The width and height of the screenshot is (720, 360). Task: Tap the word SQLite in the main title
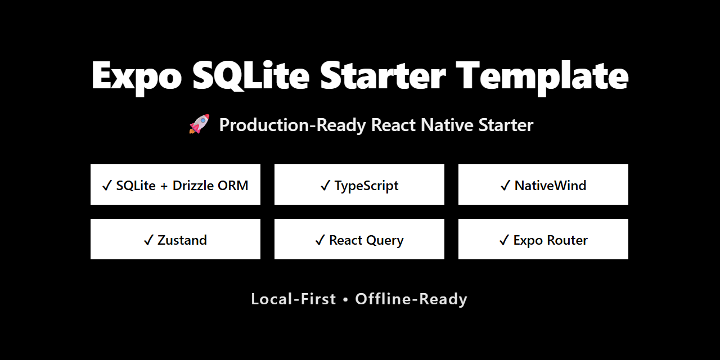250,75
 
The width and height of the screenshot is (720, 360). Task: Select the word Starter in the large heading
383,75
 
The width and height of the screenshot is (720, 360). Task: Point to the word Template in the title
542,75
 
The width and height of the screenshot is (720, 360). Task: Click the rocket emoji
199,124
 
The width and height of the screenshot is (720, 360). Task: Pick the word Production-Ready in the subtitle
292,125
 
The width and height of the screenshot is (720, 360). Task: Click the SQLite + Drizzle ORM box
175,184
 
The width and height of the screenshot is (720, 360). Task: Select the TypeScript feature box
359,184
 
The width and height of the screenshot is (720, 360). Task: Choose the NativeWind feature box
543,184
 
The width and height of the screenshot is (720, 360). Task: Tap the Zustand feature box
175,239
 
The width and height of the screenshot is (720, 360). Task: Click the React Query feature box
359,239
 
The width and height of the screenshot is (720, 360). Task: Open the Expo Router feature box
543,239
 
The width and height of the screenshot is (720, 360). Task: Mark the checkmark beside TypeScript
325,186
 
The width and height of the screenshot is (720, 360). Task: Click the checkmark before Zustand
148,240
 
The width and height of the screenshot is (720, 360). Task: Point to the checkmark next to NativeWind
505,186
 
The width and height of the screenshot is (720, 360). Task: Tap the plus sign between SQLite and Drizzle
164,186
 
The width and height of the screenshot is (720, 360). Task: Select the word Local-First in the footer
293,299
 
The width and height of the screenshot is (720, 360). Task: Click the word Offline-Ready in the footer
411,299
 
